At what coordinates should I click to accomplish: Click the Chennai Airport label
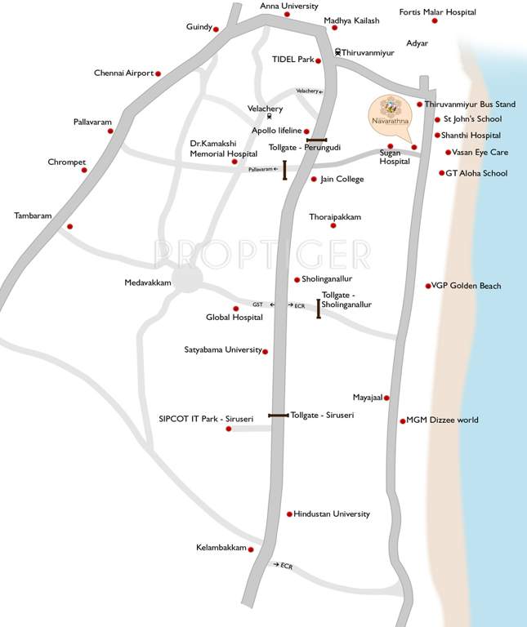123,73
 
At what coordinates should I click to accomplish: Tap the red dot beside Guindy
217,29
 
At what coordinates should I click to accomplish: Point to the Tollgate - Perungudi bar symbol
317,140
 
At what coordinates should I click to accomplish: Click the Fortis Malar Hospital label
437,12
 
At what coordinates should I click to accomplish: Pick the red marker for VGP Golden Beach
429,286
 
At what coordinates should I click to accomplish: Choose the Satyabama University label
223,350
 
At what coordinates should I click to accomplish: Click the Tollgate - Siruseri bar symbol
278,416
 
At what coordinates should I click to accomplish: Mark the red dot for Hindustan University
289,514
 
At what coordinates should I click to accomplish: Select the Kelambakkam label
221,548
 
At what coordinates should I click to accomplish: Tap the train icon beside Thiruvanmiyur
337,52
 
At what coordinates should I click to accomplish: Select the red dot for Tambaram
69,226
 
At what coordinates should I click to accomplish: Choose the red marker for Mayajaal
386,398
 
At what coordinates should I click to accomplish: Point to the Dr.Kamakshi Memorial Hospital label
223,148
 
